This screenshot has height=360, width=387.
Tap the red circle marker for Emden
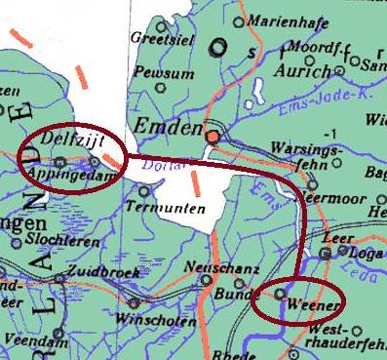(x=212, y=136)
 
